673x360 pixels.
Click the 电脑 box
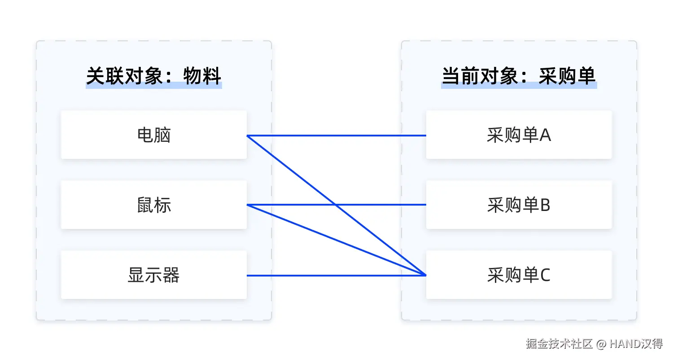[x=153, y=135]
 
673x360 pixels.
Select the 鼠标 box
[x=153, y=205]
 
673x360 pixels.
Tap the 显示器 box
[x=153, y=275]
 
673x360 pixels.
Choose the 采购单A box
[x=519, y=135]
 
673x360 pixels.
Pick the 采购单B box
[x=519, y=205]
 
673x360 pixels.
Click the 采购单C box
[x=519, y=275]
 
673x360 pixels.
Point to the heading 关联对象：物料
[x=153, y=76]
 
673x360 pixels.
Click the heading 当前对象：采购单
[x=519, y=76]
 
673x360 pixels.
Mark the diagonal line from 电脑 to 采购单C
[x=292, y=170]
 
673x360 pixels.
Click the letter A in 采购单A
[x=545, y=135]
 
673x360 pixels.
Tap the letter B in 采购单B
[x=545, y=205]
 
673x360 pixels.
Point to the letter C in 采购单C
[x=545, y=275]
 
